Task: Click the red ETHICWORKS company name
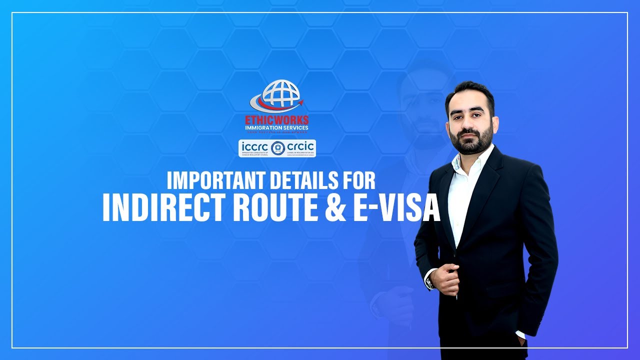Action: pyautogui.click(x=277, y=120)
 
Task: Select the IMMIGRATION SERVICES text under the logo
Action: pyautogui.click(x=276, y=128)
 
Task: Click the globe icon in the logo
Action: pyautogui.click(x=280, y=93)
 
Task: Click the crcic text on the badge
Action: pyautogui.click(x=300, y=146)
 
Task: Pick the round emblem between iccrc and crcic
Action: pyautogui.click(x=277, y=147)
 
